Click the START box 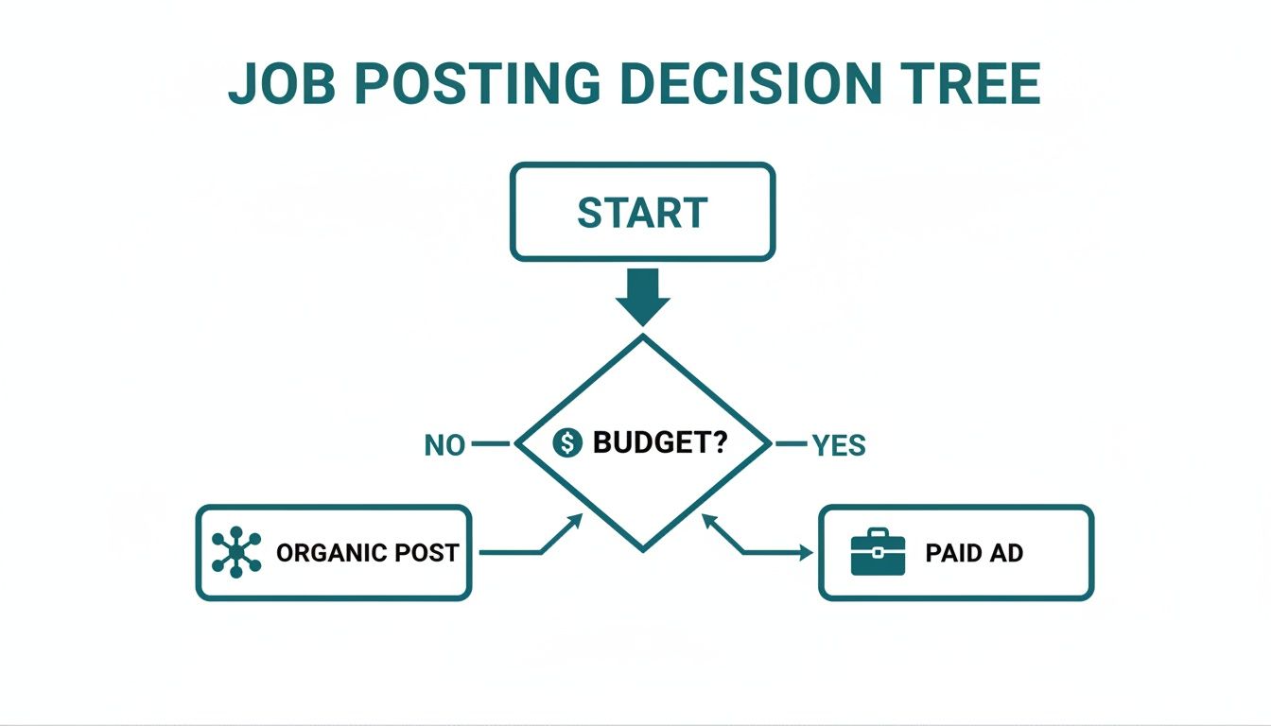[642, 212]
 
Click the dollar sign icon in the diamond [566, 441]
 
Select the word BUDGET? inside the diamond [659, 441]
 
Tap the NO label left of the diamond [444, 444]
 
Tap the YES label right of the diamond [839, 444]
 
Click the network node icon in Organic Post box [235, 552]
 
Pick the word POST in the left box [428, 553]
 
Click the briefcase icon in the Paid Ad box [878, 552]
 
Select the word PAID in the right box [946, 553]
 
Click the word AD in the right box [1005, 553]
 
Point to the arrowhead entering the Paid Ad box [806, 553]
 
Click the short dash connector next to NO [489, 442]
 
